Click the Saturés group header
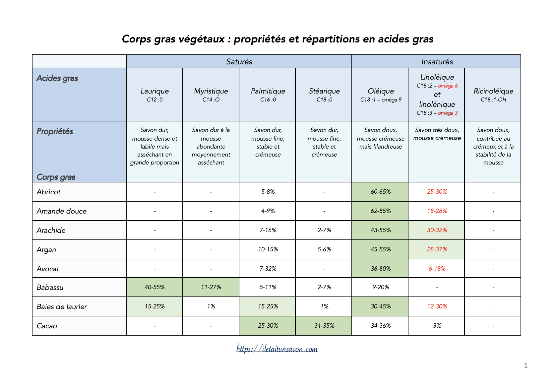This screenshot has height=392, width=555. [x=239, y=62]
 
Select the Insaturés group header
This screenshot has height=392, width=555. [x=437, y=62]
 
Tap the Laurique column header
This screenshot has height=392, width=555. [x=154, y=91]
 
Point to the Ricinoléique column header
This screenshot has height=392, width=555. [x=493, y=91]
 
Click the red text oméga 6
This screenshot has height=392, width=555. [x=448, y=86]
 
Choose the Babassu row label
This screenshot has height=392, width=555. [x=50, y=288]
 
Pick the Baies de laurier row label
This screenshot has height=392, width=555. [x=62, y=307]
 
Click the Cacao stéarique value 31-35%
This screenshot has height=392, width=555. [x=324, y=326]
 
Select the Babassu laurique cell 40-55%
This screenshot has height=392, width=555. [x=154, y=287]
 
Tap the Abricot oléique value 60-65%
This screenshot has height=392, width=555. [x=381, y=192]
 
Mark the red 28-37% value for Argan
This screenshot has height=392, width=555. [x=437, y=249]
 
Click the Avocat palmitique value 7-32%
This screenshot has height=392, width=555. [x=268, y=269]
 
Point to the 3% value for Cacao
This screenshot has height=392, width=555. [x=437, y=326]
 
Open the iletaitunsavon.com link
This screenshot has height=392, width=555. [x=277, y=349]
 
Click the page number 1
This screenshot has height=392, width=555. [x=526, y=366]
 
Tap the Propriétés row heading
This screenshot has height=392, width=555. [x=55, y=131]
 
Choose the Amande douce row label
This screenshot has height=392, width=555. [x=62, y=211]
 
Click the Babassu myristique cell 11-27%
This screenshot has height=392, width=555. [x=211, y=287]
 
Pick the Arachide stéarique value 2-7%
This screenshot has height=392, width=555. [x=324, y=230]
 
